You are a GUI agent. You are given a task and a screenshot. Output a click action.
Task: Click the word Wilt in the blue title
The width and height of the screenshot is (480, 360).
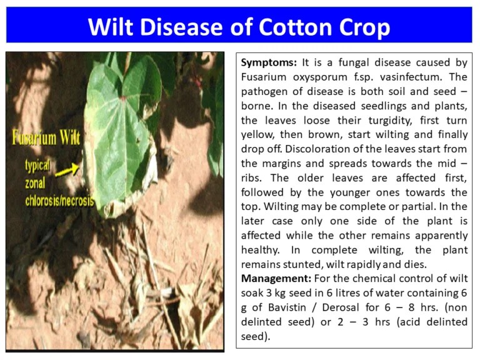[111, 27]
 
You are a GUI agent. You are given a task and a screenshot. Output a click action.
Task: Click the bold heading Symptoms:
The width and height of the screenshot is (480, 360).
[269, 62]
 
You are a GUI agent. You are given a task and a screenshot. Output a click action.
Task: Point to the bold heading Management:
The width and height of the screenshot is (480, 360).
[275, 278]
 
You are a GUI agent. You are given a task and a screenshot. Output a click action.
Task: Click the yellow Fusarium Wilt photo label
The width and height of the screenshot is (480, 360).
[42, 137]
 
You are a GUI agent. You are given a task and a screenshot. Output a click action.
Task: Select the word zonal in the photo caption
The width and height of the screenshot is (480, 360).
[38, 184]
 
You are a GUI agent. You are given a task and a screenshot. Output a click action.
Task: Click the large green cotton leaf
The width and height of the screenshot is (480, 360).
[125, 125]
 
